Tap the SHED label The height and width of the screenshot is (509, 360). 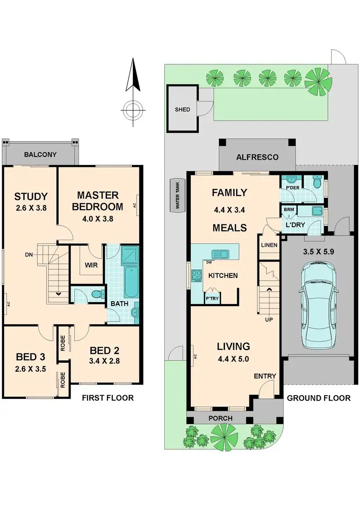(182, 109)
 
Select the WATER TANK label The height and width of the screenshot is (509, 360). (177, 195)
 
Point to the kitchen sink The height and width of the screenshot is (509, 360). (220, 254)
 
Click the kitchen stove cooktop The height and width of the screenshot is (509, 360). (197, 276)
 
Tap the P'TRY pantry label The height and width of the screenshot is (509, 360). (212, 298)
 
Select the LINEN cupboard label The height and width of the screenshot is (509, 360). (270, 245)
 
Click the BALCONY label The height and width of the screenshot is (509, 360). (40, 155)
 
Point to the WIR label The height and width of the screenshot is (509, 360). (91, 265)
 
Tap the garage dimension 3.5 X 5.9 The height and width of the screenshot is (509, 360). (319, 252)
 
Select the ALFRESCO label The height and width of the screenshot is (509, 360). (257, 157)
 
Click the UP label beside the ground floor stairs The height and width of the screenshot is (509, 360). (269, 320)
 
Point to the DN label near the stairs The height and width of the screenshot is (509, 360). (29, 255)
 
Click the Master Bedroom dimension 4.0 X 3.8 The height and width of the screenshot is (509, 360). (98, 219)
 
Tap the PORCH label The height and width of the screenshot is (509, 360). (220, 419)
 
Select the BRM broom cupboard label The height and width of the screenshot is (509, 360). (289, 210)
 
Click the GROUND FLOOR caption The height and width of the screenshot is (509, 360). (319, 398)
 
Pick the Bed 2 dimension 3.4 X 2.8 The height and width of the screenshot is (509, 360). (104, 361)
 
